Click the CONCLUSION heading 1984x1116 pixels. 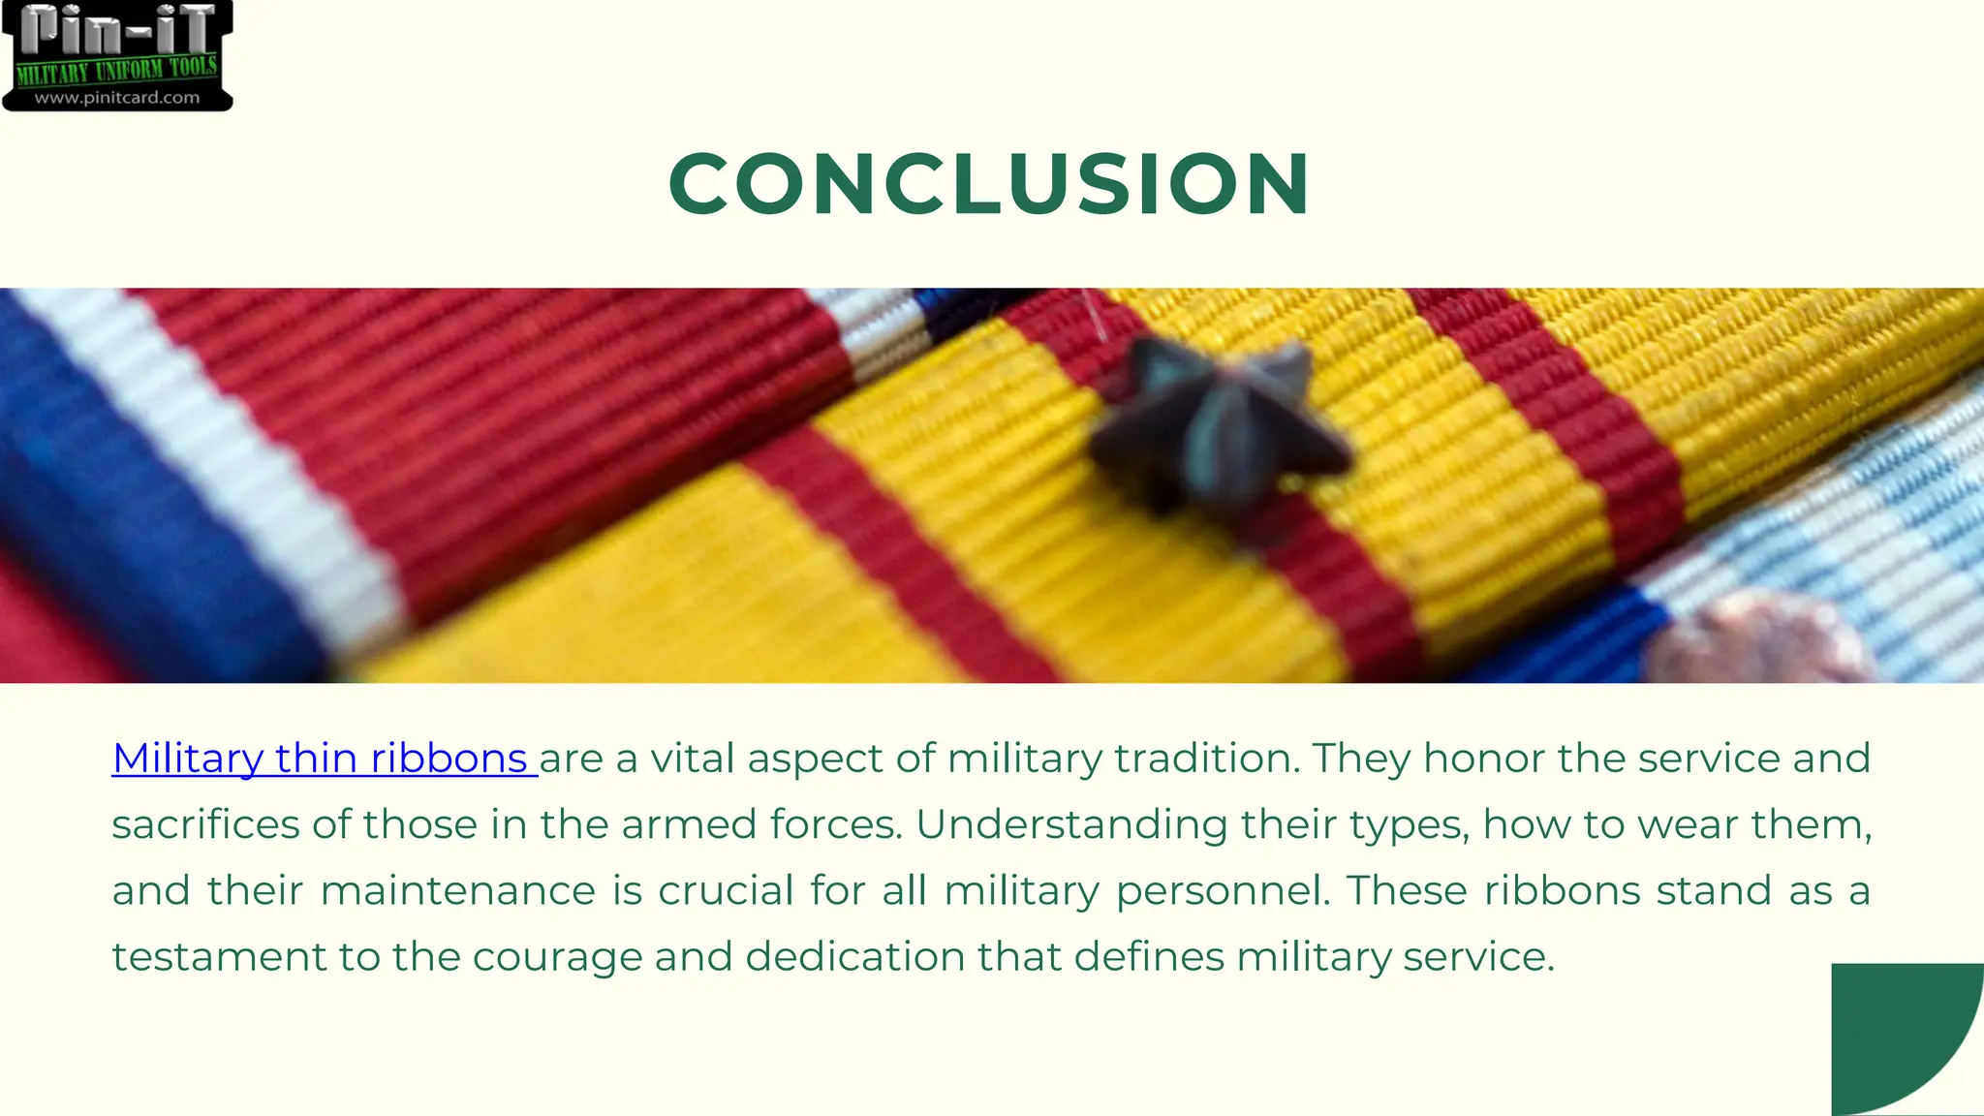coord(989,184)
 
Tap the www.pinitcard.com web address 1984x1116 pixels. coord(117,98)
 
